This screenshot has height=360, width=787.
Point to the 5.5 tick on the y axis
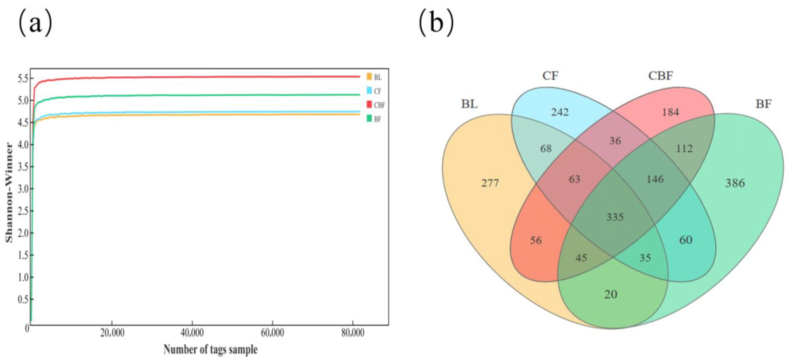[x=23, y=79]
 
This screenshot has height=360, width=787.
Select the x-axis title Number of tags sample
[x=211, y=350]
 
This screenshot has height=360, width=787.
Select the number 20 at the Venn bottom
[x=611, y=294]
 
